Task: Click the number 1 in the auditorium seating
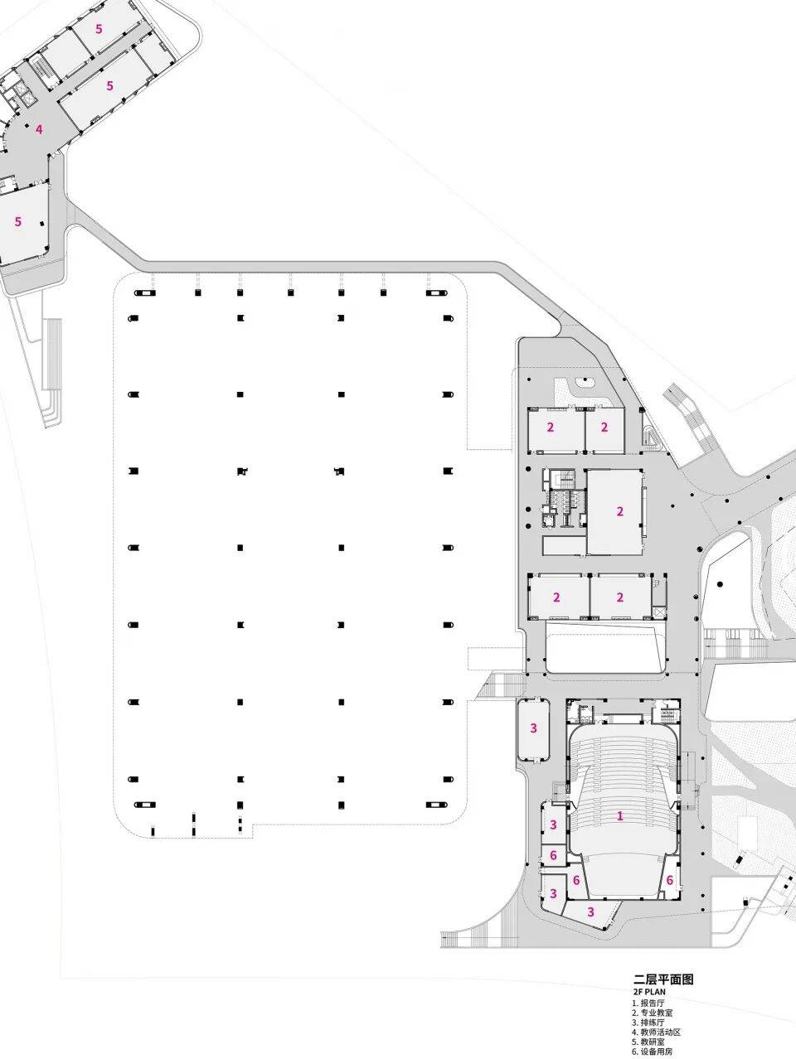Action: (620, 816)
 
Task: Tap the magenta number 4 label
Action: (39, 129)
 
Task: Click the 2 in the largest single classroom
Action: (620, 511)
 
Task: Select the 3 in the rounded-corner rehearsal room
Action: (533, 728)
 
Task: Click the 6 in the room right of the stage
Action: (669, 880)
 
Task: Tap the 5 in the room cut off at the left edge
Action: (18, 221)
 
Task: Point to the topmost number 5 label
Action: (99, 29)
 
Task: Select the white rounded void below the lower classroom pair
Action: (604, 647)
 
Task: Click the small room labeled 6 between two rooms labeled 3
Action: (553, 855)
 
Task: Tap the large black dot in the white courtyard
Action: (721, 584)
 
